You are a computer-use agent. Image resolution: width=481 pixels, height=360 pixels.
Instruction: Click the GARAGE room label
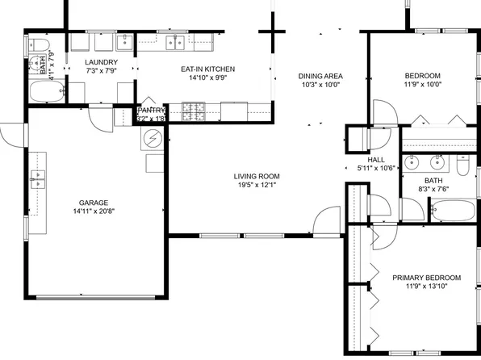coord(93,203)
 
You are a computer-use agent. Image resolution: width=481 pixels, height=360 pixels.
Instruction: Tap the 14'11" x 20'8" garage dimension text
coord(93,213)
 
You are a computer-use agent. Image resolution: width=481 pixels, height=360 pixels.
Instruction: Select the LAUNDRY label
coord(102,62)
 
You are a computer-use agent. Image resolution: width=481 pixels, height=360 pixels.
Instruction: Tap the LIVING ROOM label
coord(257,176)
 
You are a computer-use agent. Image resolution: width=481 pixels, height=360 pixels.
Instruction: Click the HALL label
coord(376,160)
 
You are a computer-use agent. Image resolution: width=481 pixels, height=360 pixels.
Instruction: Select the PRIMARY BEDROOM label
coord(426,278)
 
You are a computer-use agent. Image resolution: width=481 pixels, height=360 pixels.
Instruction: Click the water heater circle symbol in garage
coord(151,140)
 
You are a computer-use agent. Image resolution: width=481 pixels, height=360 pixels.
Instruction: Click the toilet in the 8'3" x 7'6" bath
coord(463,166)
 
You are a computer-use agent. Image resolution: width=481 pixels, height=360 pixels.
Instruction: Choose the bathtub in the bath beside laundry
coord(44,92)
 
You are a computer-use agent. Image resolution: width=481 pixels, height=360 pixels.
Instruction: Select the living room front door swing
coord(327,220)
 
